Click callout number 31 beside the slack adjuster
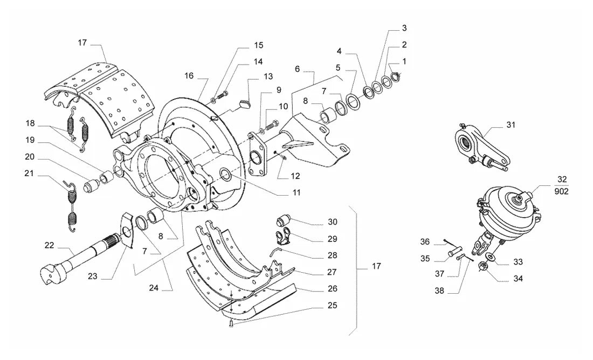coord(511,125)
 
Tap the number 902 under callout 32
coord(562,191)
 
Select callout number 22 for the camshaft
coord(49,245)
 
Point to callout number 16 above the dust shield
coord(189,75)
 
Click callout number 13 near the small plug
coord(268,77)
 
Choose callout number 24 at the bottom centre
coord(154,288)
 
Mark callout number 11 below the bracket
coord(296,192)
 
